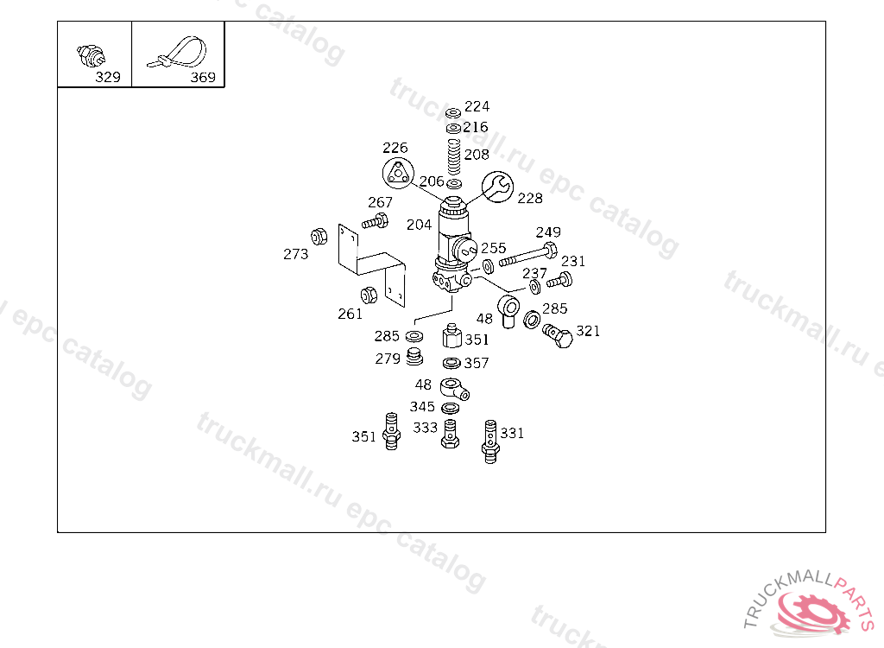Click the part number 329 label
(108, 77)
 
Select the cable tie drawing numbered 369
(180, 54)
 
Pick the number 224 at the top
(477, 106)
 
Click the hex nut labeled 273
(318, 235)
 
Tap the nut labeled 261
(367, 295)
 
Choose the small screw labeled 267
(376, 221)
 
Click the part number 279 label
(388, 359)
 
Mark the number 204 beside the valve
(420, 225)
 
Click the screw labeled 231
(560, 280)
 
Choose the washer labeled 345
(450, 408)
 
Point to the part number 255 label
(494, 248)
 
